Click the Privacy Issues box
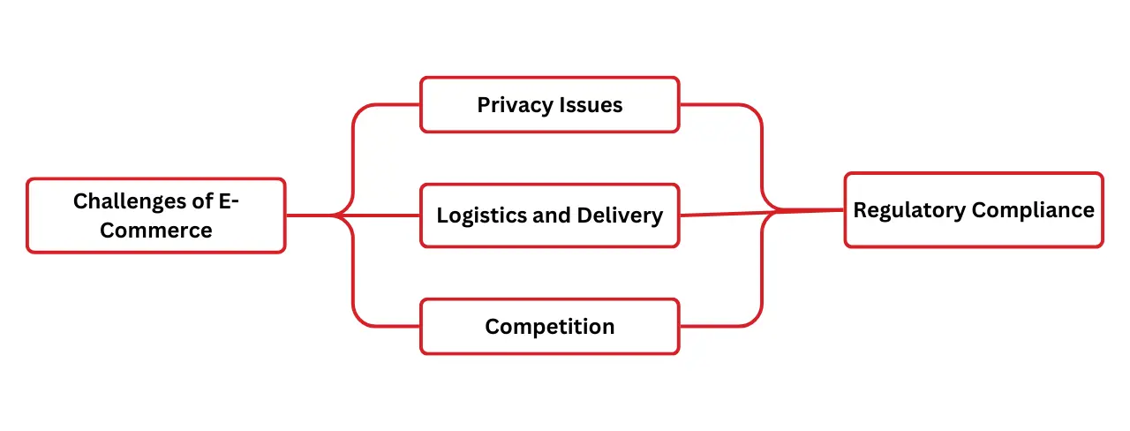[x=549, y=105]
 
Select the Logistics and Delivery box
[x=549, y=215]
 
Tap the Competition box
[x=549, y=327]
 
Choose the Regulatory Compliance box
[x=973, y=210]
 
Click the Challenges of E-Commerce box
[x=155, y=215]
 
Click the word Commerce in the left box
[x=155, y=231]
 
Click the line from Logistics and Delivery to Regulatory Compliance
[x=759, y=213]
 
